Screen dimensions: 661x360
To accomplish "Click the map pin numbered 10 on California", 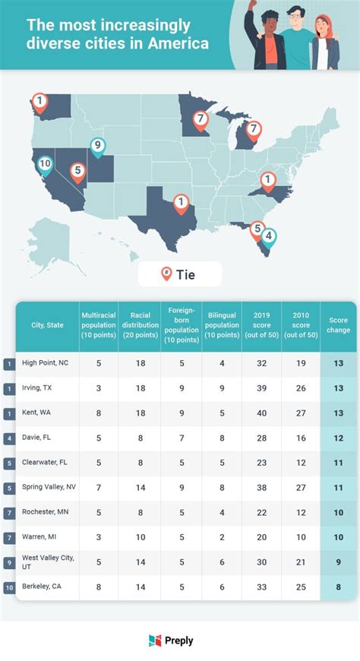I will click(x=45, y=163).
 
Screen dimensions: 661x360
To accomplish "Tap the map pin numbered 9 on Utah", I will click(x=96, y=145).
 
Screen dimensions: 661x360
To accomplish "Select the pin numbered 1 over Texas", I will click(x=181, y=202).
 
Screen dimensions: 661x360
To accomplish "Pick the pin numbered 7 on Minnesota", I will click(x=199, y=119).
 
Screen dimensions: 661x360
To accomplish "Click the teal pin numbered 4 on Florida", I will click(x=270, y=236).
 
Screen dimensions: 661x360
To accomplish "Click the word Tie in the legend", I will click(x=185, y=274).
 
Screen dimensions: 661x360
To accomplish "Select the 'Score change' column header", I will click(x=339, y=325).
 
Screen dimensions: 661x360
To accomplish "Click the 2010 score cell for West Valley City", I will click(x=301, y=561).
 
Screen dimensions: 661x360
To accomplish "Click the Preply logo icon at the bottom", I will click(x=155, y=640).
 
